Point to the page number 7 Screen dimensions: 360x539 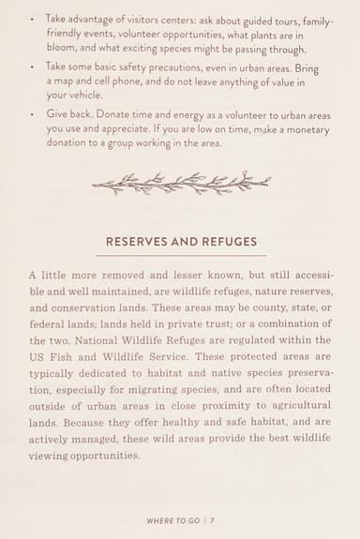(x=213, y=519)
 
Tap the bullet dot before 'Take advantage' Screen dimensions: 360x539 (x=33, y=20)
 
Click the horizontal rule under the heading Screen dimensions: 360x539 (x=180, y=255)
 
